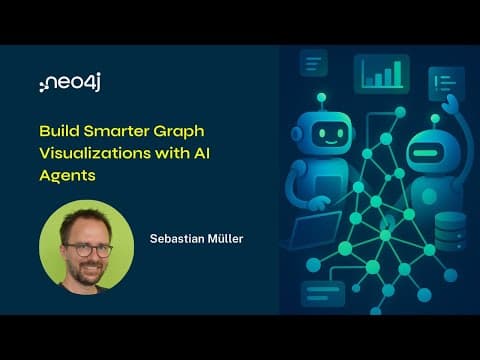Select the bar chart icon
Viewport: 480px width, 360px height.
tap(382, 73)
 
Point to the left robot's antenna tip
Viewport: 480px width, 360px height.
tap(321, 98)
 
